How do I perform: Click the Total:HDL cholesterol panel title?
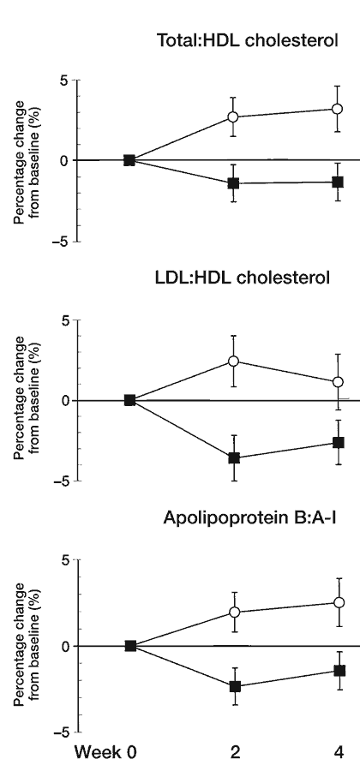pyautogui.click(x=247, y=40)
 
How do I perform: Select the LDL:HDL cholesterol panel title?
pyautogui.click(x=243, y=278)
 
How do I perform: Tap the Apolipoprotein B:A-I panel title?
pyautogui.click(x=249, y=517)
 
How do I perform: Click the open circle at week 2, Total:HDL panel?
pyautogui.click(x=233, y=117)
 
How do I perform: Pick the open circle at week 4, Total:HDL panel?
pyautogui.click(x=337, y=109)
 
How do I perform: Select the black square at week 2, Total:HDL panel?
pyautogui.click(x=233, y=183)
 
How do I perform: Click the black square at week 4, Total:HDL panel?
pyautogui.click(x=337, y=182)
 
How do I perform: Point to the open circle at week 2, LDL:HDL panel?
pyautogui.click(x=233, y=361)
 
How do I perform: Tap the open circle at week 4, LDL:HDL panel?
pyautogui.click(x=338, y=381)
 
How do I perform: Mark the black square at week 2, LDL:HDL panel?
pyautogui.click(x=234, y=457)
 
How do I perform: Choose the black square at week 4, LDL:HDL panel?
pyautogui.click(x=338, y=443)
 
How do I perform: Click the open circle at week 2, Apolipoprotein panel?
pyautogui.click(x=235, y=612)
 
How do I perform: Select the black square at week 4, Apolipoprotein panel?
pyautogui.click(x=339, y=671)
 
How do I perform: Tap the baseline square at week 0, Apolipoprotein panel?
pyautogui.click(x=130, y=646)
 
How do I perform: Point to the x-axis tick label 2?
pyautogui.click(x=235, y=752)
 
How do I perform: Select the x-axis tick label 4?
pyautogui.click(x=339, y=752)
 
